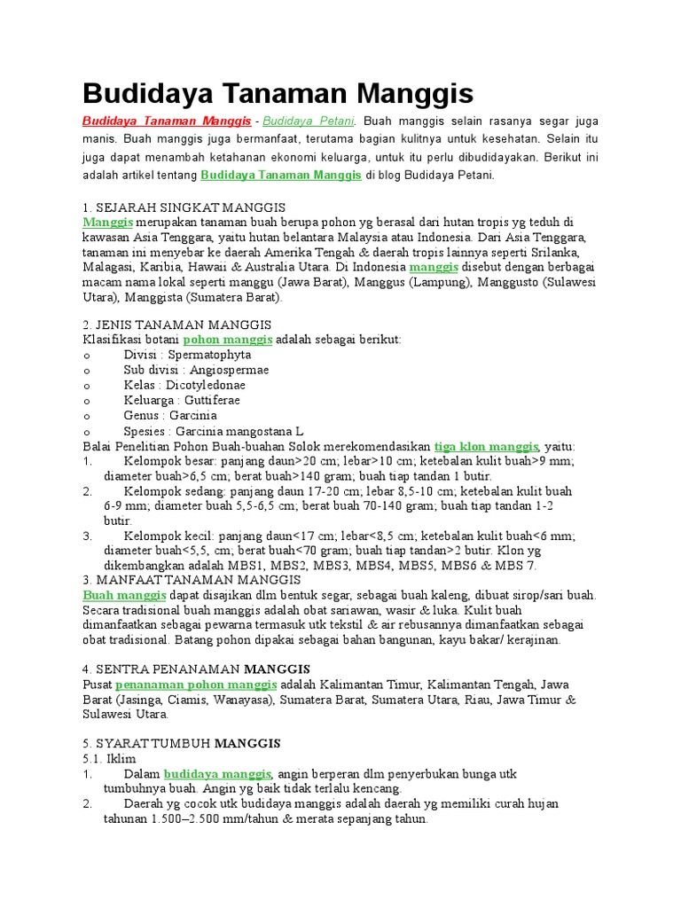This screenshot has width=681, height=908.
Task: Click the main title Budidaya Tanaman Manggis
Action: (x=278, y=94)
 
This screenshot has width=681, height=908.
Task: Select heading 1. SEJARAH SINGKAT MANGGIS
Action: (x=171, y=207)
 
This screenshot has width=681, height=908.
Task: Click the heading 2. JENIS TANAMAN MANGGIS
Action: (x=176, y=325)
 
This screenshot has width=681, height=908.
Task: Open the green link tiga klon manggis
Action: (x=486, y=445)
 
